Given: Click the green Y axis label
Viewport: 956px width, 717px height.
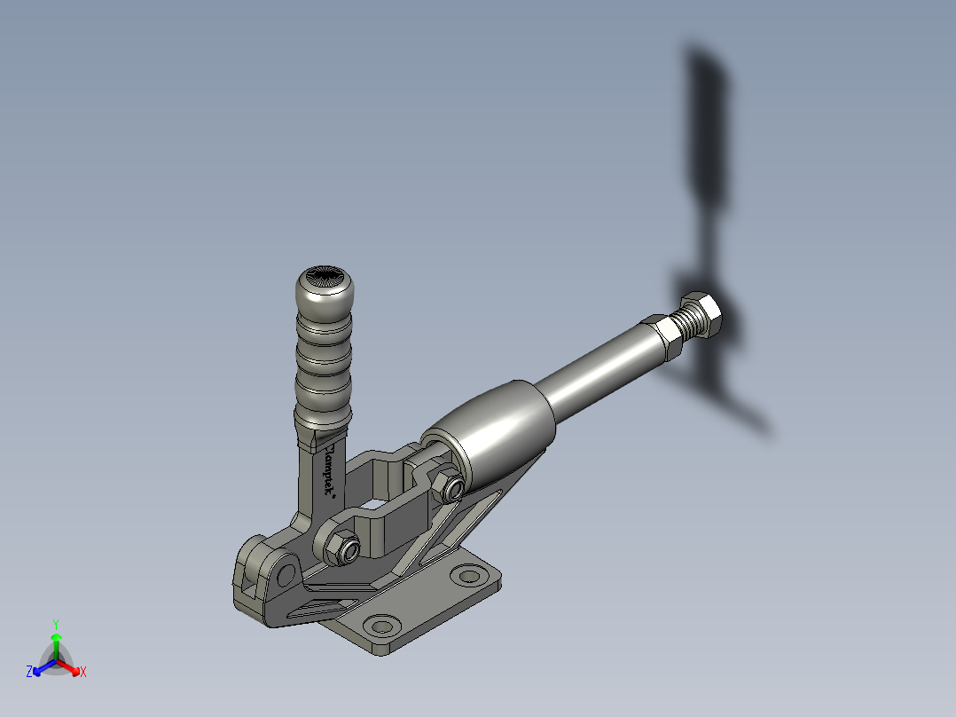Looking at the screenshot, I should click(x=55, y=623).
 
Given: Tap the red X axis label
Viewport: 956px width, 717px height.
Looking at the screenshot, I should click(x=83, y=673).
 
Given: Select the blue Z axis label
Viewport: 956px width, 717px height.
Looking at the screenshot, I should click(x=29, y=672).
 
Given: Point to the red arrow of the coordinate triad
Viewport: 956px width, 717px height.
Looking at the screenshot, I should click(x=71, y=666).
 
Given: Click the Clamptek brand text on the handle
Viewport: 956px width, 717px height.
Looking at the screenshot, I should click(x=329, y=470).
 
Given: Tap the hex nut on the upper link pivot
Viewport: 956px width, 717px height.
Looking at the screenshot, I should click(x=447, y=485).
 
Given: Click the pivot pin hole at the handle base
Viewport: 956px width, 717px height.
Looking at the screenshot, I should click(x=285, y=575).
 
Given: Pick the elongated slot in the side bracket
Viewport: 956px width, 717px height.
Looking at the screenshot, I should click(x=315, y=608).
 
